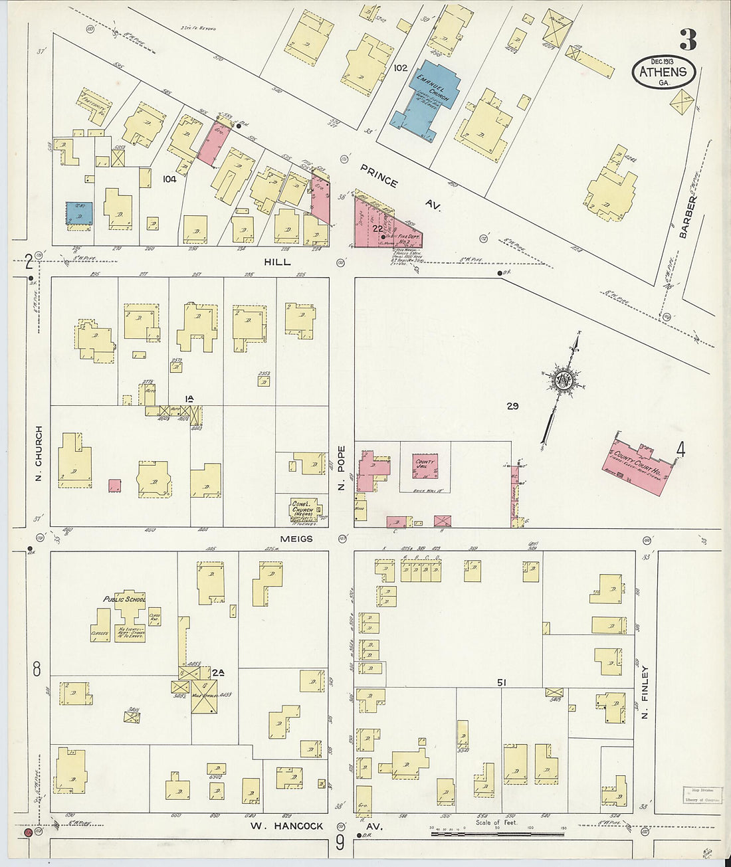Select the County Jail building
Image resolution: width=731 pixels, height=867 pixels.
(425, 466)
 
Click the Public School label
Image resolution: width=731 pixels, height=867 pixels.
(124, 599)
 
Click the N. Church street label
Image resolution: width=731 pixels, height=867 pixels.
(39, 454)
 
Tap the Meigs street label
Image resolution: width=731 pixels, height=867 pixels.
(296, 539)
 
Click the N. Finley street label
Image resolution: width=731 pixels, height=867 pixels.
(645, 694)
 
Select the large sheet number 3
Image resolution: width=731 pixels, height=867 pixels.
(688, 41)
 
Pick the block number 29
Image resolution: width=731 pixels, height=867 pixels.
(512, 406)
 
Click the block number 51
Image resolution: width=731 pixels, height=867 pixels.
(502, 683)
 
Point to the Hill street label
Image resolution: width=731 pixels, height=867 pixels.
(277, 262)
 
